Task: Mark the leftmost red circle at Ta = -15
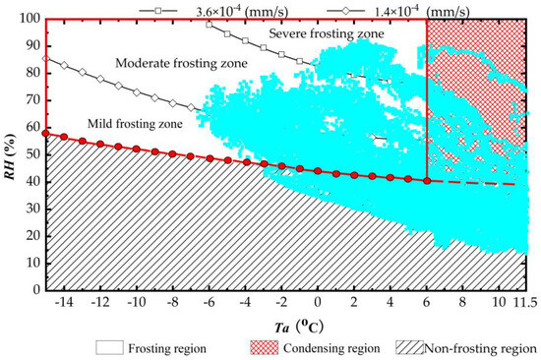pos(45,133)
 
